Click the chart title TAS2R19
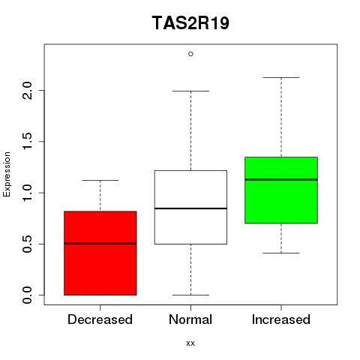pos(190,23)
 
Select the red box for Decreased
pos(100,253)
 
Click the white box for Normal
pos(190,207)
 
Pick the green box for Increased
pos(281,190)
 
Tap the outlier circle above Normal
pos(190,54)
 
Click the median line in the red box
pos(100,243)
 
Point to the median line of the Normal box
pos(190,208)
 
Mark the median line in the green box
pos(281,179)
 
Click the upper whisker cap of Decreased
pos(100,180)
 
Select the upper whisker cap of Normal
pos(190,91)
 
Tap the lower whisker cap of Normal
pos(190,295)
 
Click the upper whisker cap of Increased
pos(281,77)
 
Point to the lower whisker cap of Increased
pos(281,253)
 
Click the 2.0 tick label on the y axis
pos(27,91)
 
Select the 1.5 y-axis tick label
pos(27,142)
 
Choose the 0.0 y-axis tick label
pos(27,295)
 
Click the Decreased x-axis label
pos(100,319)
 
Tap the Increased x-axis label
pos(281,319)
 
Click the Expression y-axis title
pos(7,174)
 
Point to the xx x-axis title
pos(190,343)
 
